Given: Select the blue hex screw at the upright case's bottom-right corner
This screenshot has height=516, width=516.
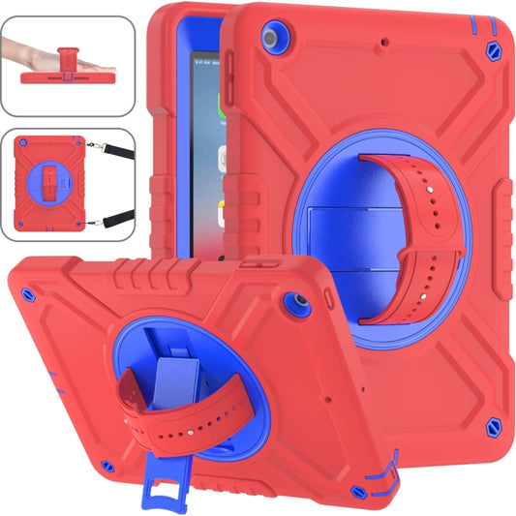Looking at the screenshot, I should pyautogui.click(x=495, y=425).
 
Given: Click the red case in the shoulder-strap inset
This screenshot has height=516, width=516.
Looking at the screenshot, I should pyautogui.click(x=52, y=179).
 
